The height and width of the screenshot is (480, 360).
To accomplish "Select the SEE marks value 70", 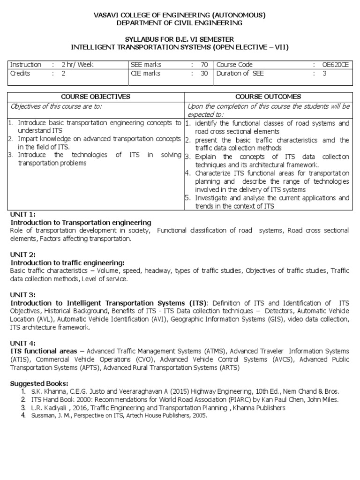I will (204, 65).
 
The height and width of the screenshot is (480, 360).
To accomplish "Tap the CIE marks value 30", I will (204, 73).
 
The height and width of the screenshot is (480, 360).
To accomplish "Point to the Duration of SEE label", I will (240, 73).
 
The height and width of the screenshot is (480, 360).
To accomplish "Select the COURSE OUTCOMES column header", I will (268, 97).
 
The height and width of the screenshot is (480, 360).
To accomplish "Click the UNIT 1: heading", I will (22, 214).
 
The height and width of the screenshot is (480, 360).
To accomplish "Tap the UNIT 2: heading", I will (22, 255).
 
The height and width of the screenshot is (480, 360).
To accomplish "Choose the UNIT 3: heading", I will (22, 295).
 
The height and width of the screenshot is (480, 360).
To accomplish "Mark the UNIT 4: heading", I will (22, 343).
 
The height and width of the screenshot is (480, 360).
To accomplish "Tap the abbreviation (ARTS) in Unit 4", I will (227, 367).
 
